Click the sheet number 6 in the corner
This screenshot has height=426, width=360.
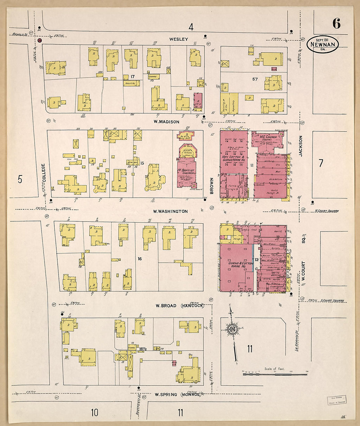click(336, 24)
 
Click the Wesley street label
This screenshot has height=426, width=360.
click(179, 39)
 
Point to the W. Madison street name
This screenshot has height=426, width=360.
click(167, 122)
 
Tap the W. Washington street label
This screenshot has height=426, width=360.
click(171, 211)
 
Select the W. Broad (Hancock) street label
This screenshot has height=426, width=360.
click(179, 306)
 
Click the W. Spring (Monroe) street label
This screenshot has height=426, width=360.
click(178, 395)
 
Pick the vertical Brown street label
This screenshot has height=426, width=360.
click(212, 186)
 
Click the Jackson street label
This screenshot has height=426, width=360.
click(300, 146)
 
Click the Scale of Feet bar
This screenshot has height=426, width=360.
click(275, 374)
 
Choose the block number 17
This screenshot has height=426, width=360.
click(133, 76)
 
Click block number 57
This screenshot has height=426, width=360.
click(255, 79)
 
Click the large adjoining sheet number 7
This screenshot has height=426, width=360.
click(321, 163)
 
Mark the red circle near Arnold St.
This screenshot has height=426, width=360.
click(40, 41)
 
